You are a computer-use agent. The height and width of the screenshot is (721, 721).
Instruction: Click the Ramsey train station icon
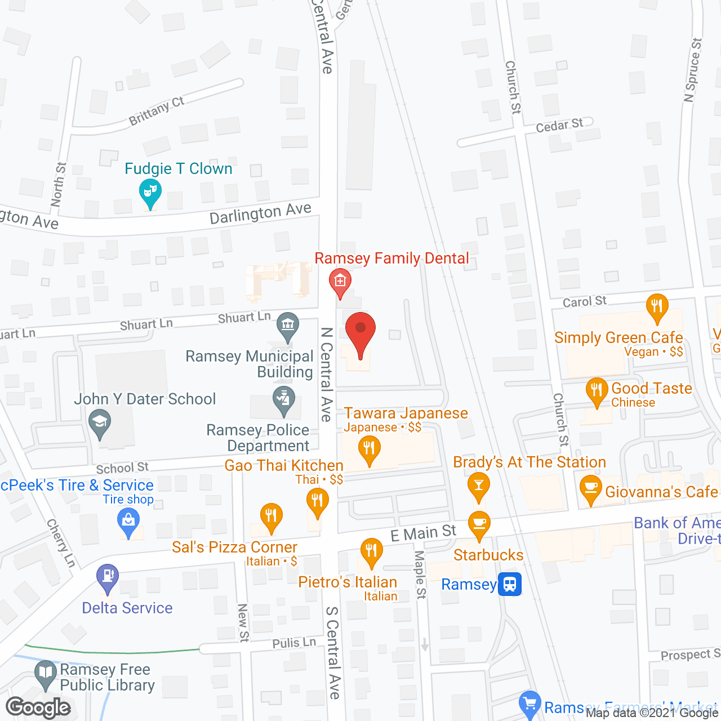point(510,584)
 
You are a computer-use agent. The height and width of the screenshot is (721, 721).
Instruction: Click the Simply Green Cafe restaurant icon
point(657,307)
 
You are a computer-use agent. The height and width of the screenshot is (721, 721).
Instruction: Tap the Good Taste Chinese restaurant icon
point(597,390)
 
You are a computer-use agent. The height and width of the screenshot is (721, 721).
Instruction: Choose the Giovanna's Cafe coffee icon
point(591,488)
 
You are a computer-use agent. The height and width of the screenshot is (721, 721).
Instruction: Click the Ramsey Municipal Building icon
point(288,326)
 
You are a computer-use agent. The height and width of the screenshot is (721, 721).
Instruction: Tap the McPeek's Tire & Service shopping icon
point(128,521)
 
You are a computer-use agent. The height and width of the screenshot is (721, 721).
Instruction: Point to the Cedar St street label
point(559,125)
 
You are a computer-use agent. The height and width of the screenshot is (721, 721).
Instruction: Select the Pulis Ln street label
point(294,643)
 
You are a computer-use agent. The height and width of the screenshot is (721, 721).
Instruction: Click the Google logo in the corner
point(38,707)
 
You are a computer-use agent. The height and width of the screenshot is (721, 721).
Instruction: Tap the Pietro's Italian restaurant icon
point(371,550)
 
